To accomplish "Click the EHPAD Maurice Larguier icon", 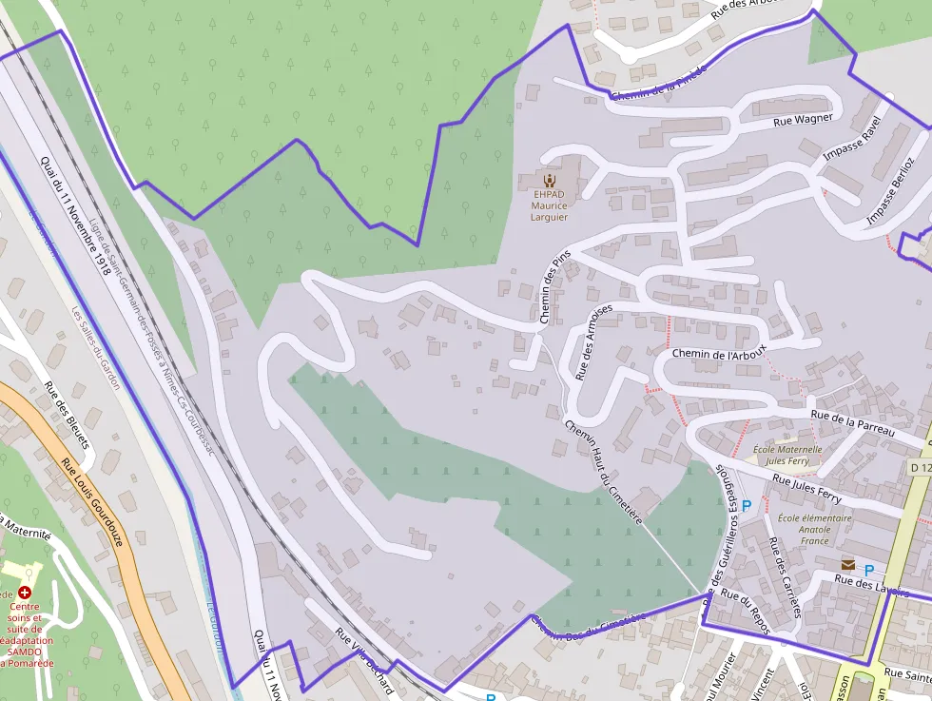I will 549,179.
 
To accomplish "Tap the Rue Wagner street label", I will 803,120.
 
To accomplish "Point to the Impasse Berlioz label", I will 889,191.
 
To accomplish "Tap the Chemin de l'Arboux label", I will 718,354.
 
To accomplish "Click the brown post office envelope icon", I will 847,565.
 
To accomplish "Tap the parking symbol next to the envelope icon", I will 868,569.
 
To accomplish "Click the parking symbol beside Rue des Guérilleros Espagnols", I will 747,505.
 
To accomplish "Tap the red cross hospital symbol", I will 25,592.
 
